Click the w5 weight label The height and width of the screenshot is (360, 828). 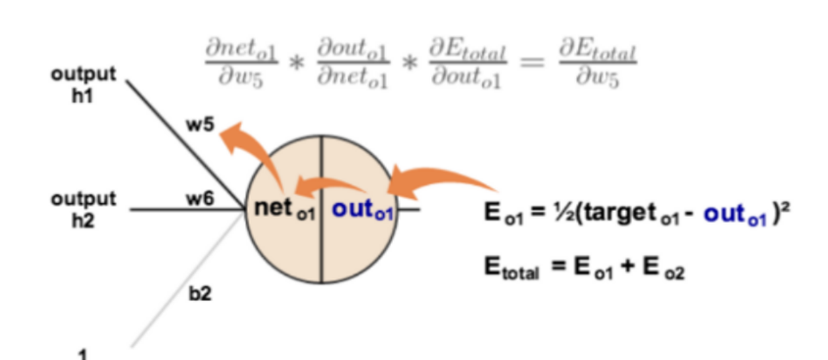click(x=200, y=125)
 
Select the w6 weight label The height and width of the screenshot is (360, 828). click(x=200, y=200)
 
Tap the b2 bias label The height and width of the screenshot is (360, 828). click(x=200, y=294)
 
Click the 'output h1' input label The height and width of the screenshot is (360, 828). click(x=84, y=84)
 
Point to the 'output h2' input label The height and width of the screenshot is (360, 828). click(x=84, y=208)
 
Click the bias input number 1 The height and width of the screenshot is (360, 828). click(x=83, y=355)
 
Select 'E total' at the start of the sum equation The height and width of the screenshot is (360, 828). click(x=512, y=268)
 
